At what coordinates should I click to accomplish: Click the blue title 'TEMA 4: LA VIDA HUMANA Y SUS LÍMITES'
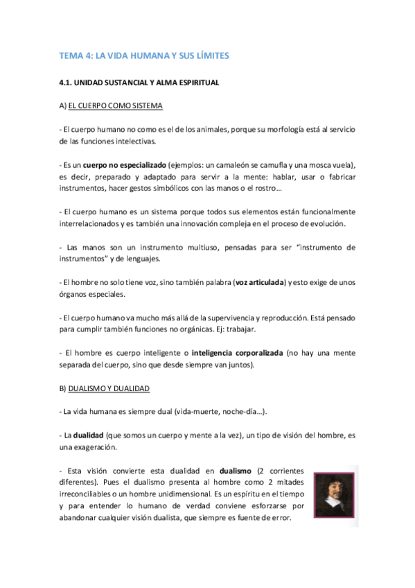pyautogui.click(x=144, y=55)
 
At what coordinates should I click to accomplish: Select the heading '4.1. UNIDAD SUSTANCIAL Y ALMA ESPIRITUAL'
pyautogui.click(x=139, y=83)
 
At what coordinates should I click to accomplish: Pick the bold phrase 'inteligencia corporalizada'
pyautogui.click(x=239, y=353)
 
